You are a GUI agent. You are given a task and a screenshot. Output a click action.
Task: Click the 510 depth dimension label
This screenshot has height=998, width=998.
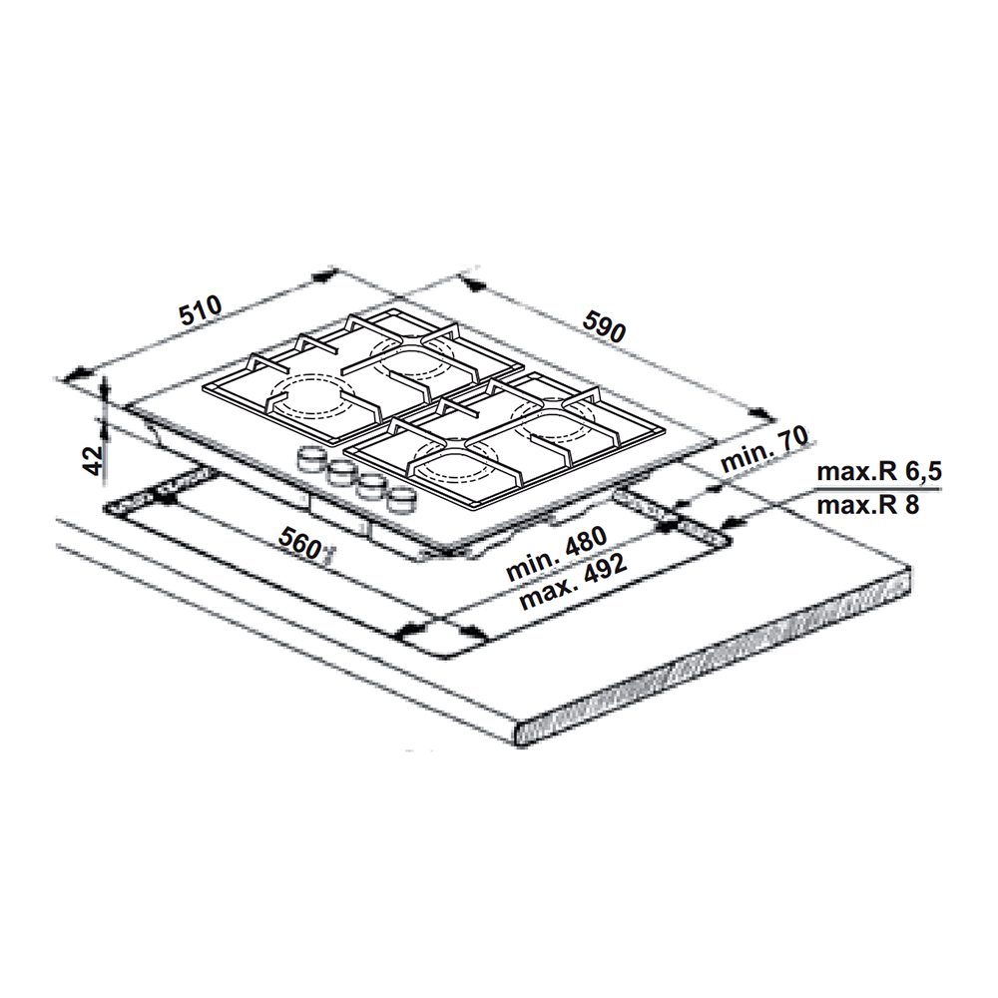(x=200, y=312)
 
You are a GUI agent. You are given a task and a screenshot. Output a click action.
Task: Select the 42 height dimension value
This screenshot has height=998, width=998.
(x=92, y=459)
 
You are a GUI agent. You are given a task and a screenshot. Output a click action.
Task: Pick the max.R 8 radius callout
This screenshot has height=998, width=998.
(x=865, y=505)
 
